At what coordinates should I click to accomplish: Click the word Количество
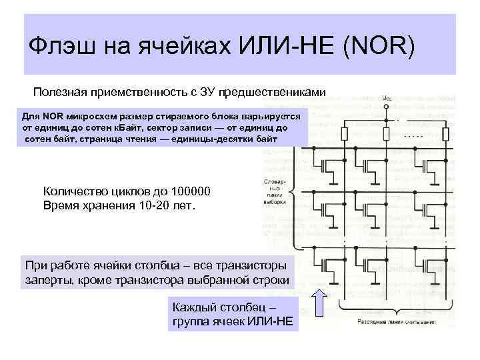[x=75, y=192]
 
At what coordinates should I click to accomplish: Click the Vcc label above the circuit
[x=387, y=99]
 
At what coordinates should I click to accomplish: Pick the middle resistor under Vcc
[x=387, y=132]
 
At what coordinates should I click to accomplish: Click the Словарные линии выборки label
[x=275, y=191]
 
